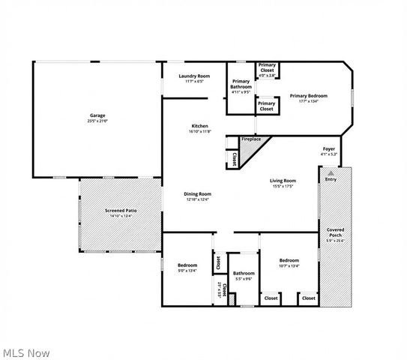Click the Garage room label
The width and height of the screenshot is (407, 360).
(97, 115)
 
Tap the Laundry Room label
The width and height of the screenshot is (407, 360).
(193, 76)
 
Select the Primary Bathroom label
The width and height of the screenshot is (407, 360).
(241, 84)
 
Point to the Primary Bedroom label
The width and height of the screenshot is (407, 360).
(310, 96)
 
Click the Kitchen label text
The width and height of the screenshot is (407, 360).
(199, 126)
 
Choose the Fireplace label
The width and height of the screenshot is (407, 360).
(251, 139)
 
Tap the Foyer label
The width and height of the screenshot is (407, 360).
(329, 149)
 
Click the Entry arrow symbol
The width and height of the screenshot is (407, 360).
(331, 172)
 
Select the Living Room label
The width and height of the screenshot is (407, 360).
(283, 180)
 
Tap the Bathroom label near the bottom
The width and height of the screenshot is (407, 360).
(243, 273)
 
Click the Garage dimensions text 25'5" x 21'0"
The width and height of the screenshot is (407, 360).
(97, 121)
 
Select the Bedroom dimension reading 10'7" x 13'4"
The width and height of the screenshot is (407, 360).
(289, 265)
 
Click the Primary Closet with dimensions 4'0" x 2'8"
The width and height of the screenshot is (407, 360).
(267, 68)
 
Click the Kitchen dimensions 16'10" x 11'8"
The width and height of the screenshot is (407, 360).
(199, 131)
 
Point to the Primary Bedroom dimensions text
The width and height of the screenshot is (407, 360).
(310, 101)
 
